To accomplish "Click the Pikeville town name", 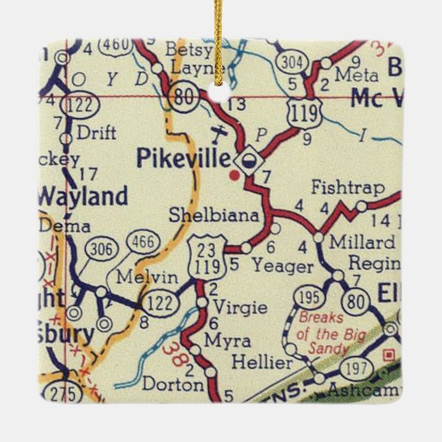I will (x=183, y=159).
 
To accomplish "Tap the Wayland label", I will (x=82, y=196).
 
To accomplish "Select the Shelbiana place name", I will (x=214, y=216).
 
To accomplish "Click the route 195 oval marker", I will (x=308, y=297).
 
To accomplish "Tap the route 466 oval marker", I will (x=143, y=242).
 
